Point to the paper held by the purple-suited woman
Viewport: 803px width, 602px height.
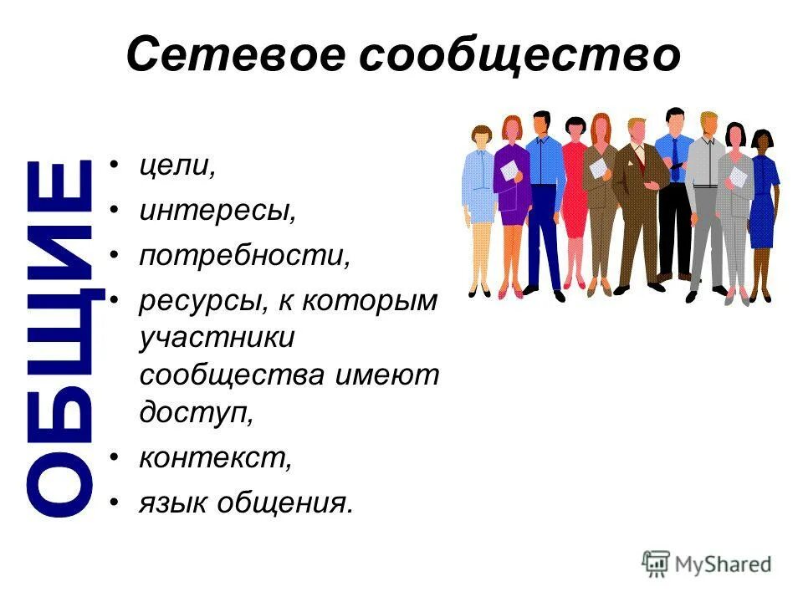509,170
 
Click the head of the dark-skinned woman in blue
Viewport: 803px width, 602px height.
761,139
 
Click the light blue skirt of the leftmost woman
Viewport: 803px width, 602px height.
480,204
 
